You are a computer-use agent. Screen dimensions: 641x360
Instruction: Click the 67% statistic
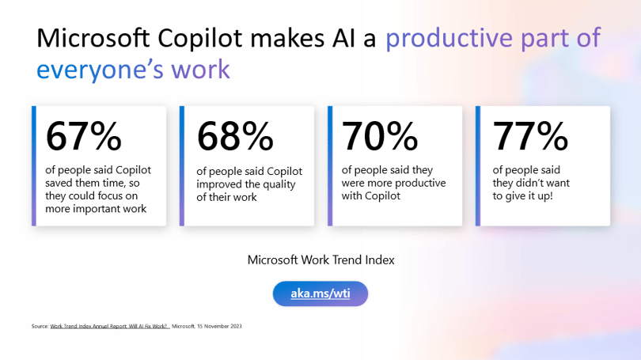click(84, 136)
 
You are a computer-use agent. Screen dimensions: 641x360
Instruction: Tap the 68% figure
click(235, 136)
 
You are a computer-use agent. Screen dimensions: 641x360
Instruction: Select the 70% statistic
click(380, 136)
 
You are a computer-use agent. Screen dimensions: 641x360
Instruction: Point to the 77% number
click(531, 136)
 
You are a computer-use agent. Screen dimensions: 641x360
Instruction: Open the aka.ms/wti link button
click(320, 294)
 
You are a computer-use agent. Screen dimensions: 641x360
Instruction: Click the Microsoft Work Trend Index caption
click(321, 260)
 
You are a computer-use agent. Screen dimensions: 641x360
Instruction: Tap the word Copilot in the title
click(200, 39)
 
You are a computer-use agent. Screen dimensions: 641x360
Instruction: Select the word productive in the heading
click(449, 39)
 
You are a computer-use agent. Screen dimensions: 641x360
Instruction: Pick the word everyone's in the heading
click(101, 70)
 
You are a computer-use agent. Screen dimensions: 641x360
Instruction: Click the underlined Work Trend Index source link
click(109, 326)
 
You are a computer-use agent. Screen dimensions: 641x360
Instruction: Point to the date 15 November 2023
click(219, 326)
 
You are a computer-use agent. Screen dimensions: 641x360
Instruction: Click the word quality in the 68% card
click(279, 184)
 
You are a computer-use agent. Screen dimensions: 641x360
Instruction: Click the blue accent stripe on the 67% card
click(34, 166)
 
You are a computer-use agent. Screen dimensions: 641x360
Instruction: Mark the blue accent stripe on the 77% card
click(478, 166)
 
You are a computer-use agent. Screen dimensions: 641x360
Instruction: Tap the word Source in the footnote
click(40, 326)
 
